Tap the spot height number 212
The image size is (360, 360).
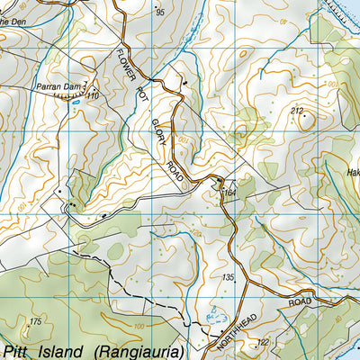pos(297,110)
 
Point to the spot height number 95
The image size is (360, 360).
pos(161,13)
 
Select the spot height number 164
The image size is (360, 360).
pos(229,192)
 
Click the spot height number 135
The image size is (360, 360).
pos(228,277)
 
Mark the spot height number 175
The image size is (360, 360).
pos(35,321)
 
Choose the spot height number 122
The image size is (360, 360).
pos(263,342)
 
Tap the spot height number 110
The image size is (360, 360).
pos(93,94)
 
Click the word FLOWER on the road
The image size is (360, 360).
pos(126,63)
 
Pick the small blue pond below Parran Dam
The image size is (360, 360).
pos(76,102)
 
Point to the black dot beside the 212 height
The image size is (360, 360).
pos(304,116)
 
